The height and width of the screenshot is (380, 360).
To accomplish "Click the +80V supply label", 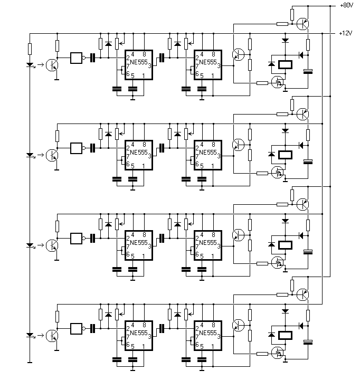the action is (347, 5).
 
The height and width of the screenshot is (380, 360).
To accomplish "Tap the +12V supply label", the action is (346, 33).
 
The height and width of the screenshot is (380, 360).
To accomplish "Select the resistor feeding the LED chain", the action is (30, 49).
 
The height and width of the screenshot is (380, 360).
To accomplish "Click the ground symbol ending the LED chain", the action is (30, 362).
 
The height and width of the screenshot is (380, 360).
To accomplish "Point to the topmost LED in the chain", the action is (30, 65).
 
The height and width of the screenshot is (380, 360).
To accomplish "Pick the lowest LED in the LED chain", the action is (30, 336).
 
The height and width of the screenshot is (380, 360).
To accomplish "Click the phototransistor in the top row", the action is (52, 65).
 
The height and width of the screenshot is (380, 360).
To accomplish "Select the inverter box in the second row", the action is (77, 148).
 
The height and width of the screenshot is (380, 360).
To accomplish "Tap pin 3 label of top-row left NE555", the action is (149, 65).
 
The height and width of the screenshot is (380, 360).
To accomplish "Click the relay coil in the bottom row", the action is (285, 336).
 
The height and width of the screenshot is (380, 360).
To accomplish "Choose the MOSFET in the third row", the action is (278, 263).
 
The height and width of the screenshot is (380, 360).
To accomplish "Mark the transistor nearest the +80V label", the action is (302, 24).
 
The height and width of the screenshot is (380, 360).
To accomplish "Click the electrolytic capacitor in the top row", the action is (308, 71).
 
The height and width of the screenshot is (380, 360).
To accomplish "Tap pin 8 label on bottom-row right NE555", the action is (213, 325).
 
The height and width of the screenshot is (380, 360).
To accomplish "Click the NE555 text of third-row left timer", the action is (139, 243).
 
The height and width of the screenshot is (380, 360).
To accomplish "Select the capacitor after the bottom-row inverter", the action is (92, 329).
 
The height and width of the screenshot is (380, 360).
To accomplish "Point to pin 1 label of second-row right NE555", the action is (213, 166).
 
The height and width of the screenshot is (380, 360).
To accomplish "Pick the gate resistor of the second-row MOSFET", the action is (262, 173).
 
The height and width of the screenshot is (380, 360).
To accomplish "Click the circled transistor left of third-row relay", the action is (238, 235).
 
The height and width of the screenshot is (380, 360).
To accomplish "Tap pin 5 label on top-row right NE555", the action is (202, 76).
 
